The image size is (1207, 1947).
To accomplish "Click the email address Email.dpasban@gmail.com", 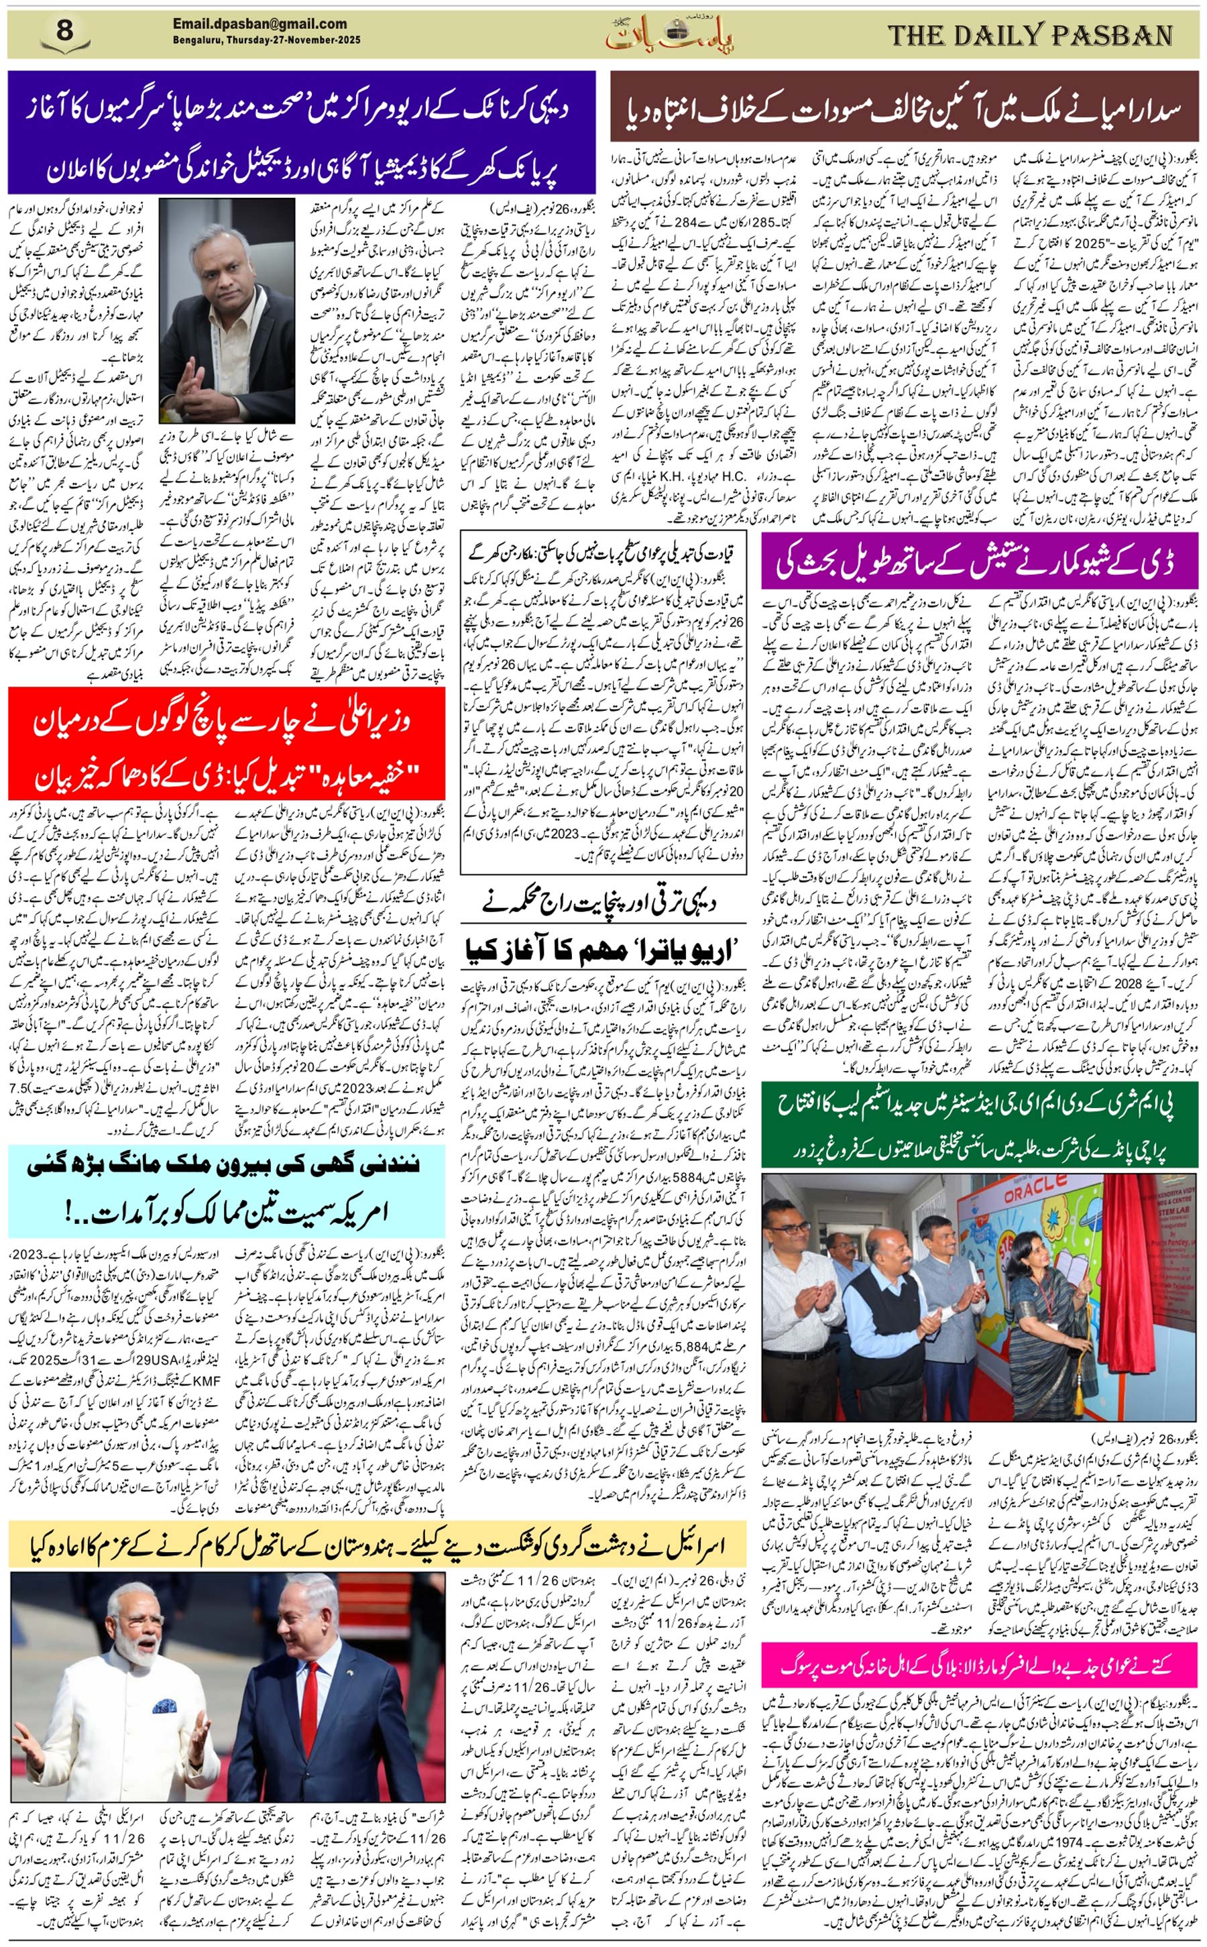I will tap(260, 24).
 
